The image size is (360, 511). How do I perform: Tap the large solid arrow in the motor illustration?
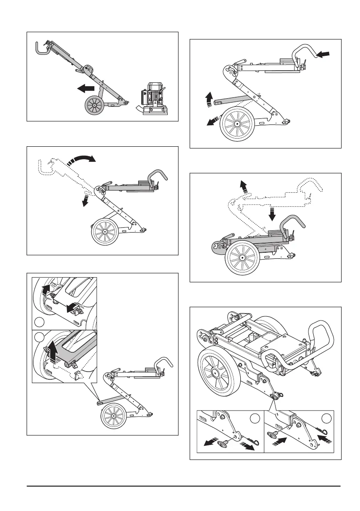pyautogui.click(x=86, y=89)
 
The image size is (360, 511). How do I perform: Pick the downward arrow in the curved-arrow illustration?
pyautogui.click(x=86, y=199)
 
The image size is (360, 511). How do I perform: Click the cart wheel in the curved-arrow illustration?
pyautogui.click(x=105, y=231)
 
